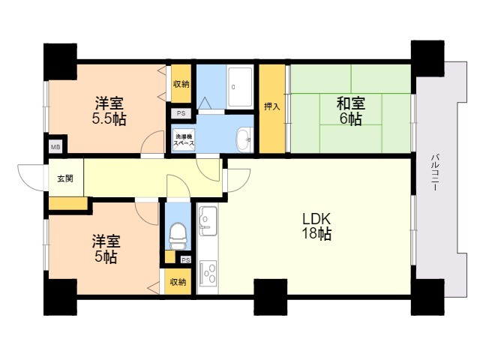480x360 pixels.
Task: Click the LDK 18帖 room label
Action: coord(316,226)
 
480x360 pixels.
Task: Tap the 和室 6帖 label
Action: coord(351,111)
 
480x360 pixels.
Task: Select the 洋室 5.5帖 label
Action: coord(109,111)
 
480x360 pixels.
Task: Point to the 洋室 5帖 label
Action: coord(106,249)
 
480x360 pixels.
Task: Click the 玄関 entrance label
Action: coord(65,178)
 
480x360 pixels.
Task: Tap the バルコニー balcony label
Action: coord(435,173)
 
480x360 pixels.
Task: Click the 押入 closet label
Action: coord(272,106)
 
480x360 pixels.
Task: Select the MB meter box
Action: coord(55,147)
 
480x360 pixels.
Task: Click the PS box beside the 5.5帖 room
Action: coord(181,113)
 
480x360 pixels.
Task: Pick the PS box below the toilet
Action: coord(185,260)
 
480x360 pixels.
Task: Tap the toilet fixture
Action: coord(178,236)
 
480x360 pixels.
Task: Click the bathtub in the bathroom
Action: coord(240,88)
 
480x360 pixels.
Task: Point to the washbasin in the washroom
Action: coord(244,140)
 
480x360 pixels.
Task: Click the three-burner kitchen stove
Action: coord(208,272)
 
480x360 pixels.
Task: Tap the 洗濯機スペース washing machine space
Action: coord(184,140)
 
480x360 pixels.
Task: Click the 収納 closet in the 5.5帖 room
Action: coord(181,83)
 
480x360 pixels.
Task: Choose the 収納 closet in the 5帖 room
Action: coord(178,282)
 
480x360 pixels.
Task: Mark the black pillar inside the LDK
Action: coord(271,297)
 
